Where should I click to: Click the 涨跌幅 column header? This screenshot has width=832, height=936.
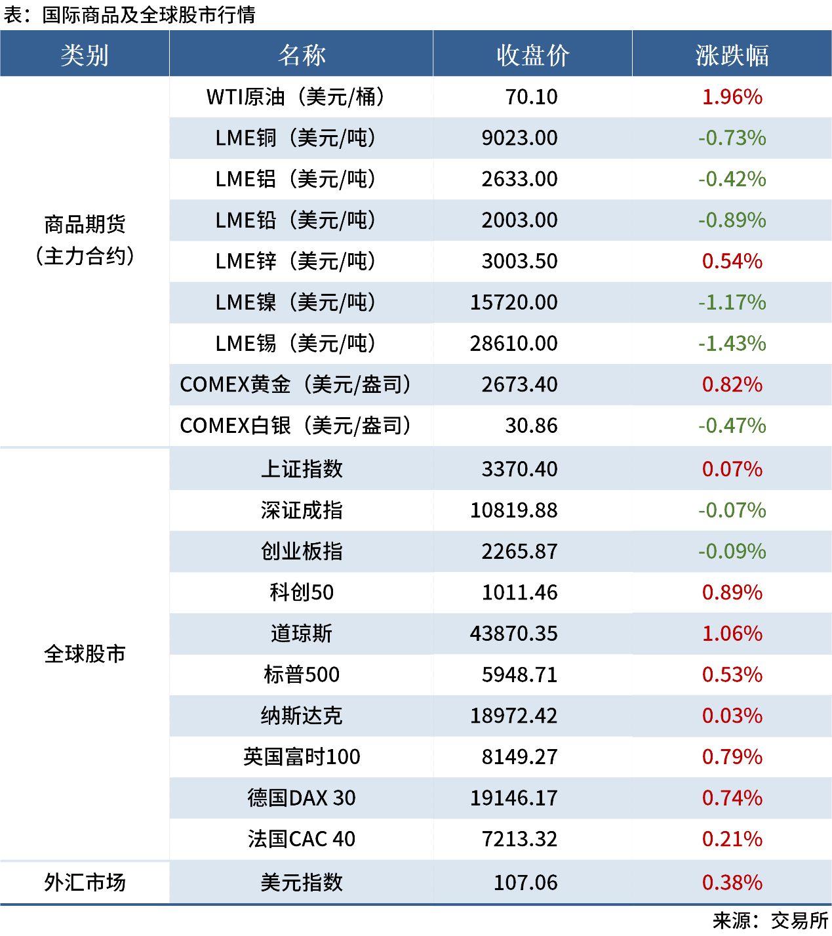(x=732, y=55)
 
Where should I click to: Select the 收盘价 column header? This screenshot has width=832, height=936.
(x=532, y=55)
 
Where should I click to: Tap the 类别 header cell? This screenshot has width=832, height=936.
(x=85, y=55)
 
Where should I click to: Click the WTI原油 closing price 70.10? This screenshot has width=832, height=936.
(x=531, y=97)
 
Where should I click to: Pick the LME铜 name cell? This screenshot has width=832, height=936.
(x=296, y=138)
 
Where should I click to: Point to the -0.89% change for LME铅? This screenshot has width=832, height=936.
(x=732, y=220)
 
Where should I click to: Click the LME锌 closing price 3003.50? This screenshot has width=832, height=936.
(x=519, y=262)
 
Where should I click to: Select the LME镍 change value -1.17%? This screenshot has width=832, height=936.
(x=732, y=302)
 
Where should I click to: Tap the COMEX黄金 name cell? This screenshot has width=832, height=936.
(x=296, y=385)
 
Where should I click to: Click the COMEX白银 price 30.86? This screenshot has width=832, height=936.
(x=531, y=426)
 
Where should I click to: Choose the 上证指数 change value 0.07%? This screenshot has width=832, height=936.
(x=732, y=469)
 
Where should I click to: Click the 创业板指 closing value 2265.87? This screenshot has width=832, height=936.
(x=519, y=552)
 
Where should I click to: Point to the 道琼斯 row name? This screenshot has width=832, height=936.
(x=302, y=634)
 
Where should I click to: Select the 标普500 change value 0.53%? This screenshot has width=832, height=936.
(x=732, y=675)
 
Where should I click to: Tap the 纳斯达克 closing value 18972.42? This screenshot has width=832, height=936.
(x=513, y=716)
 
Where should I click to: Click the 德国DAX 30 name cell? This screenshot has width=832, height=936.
(x=302, y=798)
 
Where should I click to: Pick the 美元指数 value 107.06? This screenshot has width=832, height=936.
(x=525, y=883)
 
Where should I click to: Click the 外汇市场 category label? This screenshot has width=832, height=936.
(x=85, y=883)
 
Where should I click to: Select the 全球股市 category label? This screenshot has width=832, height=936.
(x=85, y=654)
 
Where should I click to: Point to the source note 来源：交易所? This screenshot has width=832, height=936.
(x=771, y=921)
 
